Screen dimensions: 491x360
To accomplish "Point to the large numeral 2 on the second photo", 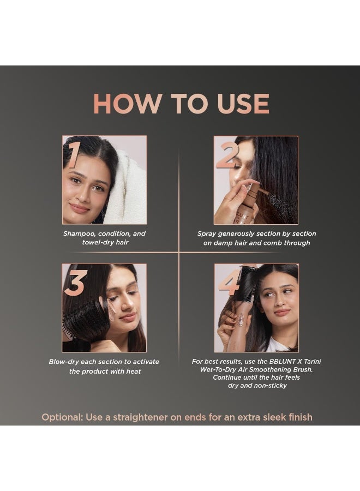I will (x=228, y=155).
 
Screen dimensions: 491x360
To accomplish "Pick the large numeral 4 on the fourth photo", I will (x=229, y=283).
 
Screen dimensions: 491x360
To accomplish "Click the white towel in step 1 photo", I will (x=129, y=188).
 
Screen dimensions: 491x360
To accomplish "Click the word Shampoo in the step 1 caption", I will (x=80, y=233).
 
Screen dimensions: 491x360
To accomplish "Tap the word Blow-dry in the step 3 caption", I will (x=66, y=362).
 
